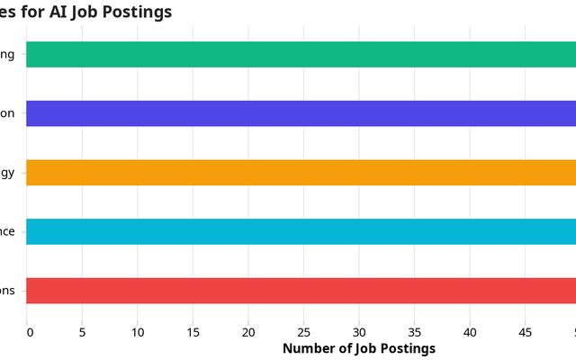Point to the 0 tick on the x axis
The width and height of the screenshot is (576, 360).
click(30, 332)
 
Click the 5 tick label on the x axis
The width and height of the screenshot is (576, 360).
click(83, 332)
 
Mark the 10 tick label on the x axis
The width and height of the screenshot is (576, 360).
click(138, 332)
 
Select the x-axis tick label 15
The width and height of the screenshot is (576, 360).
click(193, 332)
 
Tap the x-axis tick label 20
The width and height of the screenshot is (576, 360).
click(248, 332)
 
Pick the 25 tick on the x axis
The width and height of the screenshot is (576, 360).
click(304, 332)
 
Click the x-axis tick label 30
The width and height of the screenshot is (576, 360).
click(359, 332)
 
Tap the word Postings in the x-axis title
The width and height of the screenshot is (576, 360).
click(406, 348)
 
